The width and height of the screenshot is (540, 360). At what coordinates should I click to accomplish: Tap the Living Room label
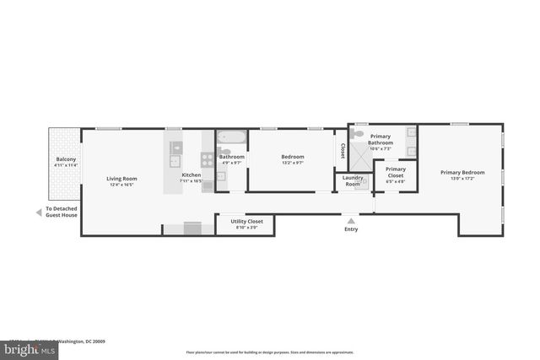point(121,178)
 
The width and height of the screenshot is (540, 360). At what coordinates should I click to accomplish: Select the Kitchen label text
point(192,175)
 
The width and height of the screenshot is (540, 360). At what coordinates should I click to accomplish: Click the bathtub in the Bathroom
point(230,138)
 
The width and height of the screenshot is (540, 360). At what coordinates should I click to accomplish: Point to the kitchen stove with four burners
point(207,158)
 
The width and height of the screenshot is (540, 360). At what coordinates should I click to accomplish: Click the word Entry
point(351,228)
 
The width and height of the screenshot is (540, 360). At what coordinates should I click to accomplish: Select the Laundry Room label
point(353,180)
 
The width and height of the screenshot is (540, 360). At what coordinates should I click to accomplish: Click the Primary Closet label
point(396,171)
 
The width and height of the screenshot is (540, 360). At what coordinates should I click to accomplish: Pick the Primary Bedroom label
point(462,172)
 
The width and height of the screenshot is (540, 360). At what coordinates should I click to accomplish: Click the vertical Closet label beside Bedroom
point(343,150)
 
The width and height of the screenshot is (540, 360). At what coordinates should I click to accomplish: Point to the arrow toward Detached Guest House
point(38,212)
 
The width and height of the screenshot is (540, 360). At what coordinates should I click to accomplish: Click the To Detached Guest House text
point(62,212)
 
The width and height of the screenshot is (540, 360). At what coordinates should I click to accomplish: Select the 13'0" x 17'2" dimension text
point(462,178)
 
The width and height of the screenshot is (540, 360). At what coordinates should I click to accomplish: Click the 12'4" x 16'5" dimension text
point(121,184)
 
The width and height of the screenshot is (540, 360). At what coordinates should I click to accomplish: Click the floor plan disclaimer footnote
point(269,352)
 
